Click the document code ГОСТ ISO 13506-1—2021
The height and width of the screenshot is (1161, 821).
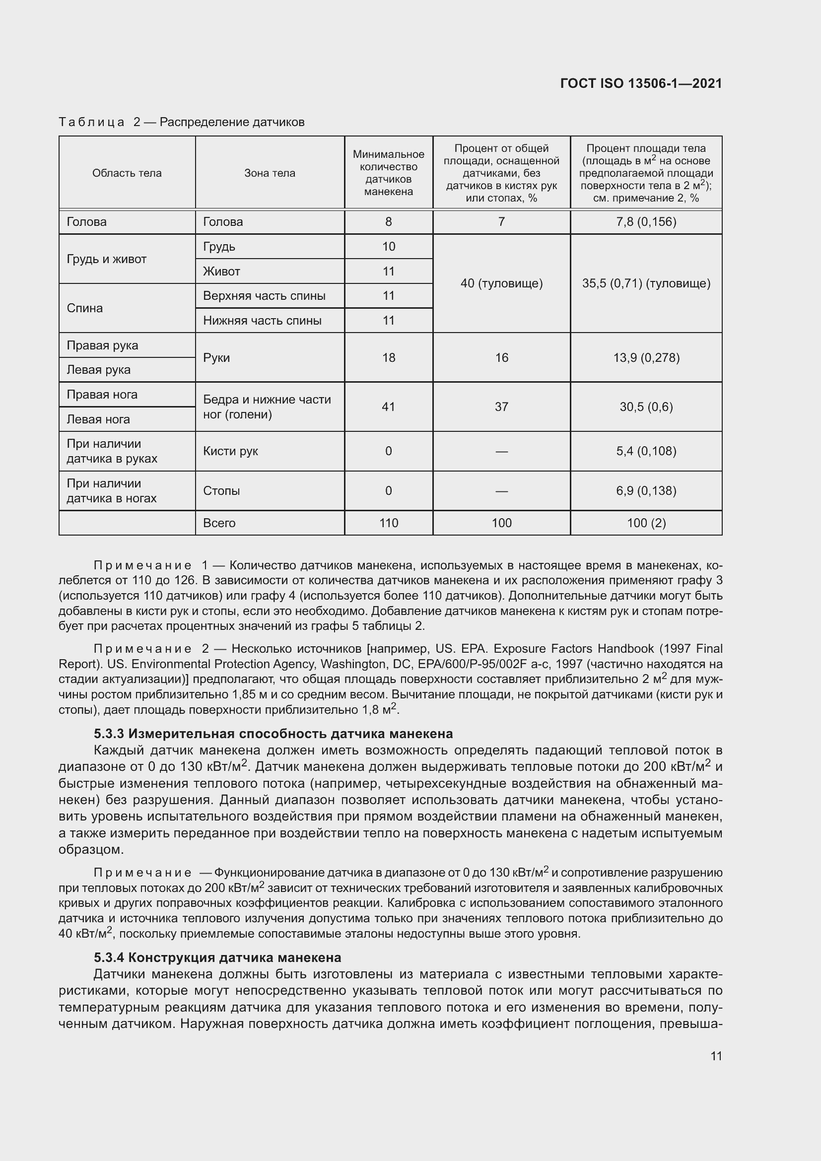[x=640, y=84]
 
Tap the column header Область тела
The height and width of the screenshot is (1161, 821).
[x=127, y=173]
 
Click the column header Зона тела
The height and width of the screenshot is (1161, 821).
[x=270, y=173]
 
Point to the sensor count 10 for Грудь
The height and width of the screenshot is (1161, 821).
[x=388, y=247]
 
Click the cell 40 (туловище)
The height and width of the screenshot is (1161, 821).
[x=501, y=284]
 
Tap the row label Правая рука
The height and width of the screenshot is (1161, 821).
[x=102, y=345]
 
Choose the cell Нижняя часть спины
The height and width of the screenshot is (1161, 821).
[x=262, y=321]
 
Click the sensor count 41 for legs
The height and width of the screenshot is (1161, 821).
[x=388, y=407]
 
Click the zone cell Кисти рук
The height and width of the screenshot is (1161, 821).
[x=230, y=451]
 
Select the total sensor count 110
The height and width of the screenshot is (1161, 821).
[x=388, y=523]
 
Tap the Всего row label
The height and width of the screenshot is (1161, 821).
[x=219, y=523]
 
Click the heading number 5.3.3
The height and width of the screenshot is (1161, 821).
[x=109, y=734]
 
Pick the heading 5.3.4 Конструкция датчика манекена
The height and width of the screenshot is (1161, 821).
[x=217, y=957]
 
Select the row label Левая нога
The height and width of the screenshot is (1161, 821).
[x=98, y=420]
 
